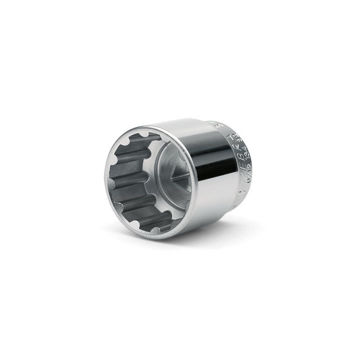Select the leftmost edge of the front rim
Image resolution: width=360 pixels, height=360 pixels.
(105, 180)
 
